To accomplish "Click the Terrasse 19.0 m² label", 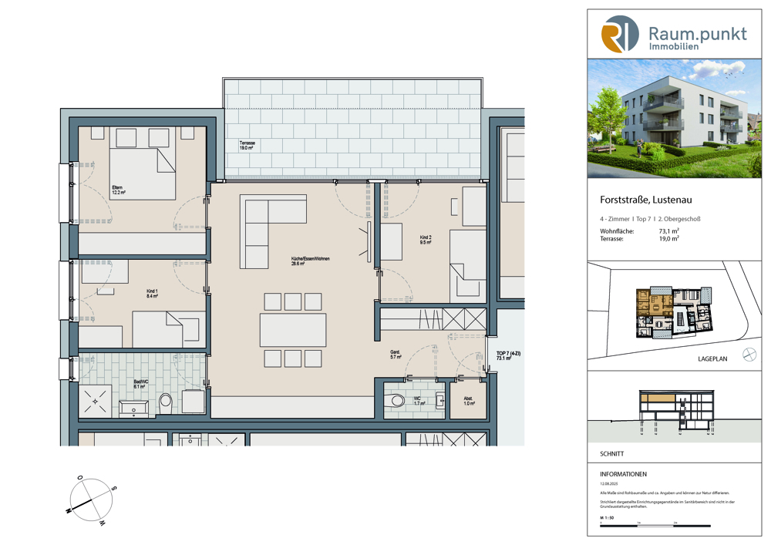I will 247,147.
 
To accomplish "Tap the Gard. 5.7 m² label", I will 395,355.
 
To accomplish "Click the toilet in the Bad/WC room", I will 165,402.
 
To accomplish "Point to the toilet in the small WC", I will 396,401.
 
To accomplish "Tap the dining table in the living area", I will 292,329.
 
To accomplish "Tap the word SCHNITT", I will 612,454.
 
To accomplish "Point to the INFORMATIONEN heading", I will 623,474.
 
